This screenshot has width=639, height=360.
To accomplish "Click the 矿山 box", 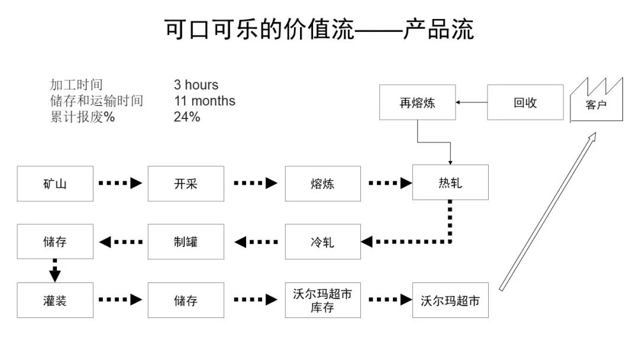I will coord(55,184).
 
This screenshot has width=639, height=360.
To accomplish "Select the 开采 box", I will coord(186,184).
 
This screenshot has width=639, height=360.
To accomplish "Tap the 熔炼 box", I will coord(322,184).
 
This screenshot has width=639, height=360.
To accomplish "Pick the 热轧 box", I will coord(450,182).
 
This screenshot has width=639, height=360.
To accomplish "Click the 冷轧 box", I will coord(322,242).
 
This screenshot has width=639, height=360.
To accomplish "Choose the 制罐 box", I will coord(186,242).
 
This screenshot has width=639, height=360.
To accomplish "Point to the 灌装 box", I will coord(55,300).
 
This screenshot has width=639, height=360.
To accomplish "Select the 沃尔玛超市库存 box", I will coord(322,300).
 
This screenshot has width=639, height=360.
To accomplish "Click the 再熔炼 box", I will coord(417,102).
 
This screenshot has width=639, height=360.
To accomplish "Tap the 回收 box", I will coord(525,102).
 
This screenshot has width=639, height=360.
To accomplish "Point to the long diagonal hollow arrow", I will coord(547,212).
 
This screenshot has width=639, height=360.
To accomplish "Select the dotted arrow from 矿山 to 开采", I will coord(120,184).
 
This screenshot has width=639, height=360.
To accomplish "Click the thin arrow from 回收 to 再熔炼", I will coord(472,102).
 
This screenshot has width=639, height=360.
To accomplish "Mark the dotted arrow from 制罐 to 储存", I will coord(121,242).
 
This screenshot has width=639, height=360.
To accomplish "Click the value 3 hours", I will coord(196,85).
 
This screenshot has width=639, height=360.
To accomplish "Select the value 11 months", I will coord(204,101).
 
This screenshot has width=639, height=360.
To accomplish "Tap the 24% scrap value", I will coord(187,117).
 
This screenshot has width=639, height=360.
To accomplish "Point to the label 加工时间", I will coord(76,85).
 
